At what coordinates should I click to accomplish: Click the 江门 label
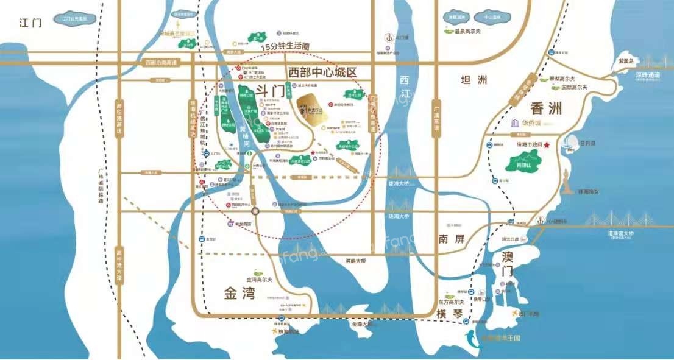pyautogui.click(x=30, y=24)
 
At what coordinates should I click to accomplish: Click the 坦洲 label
pyautogui.click(x=475, y=80)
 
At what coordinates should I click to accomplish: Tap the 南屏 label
pyautogui.click(x=451, y=239)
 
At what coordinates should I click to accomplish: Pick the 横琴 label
pyautogui.click(x=450, y=313)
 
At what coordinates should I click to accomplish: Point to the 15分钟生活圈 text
pyautogui.click(x=286, y=46)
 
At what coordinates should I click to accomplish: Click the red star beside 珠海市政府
pyautogui.click(x=547, y=145)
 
